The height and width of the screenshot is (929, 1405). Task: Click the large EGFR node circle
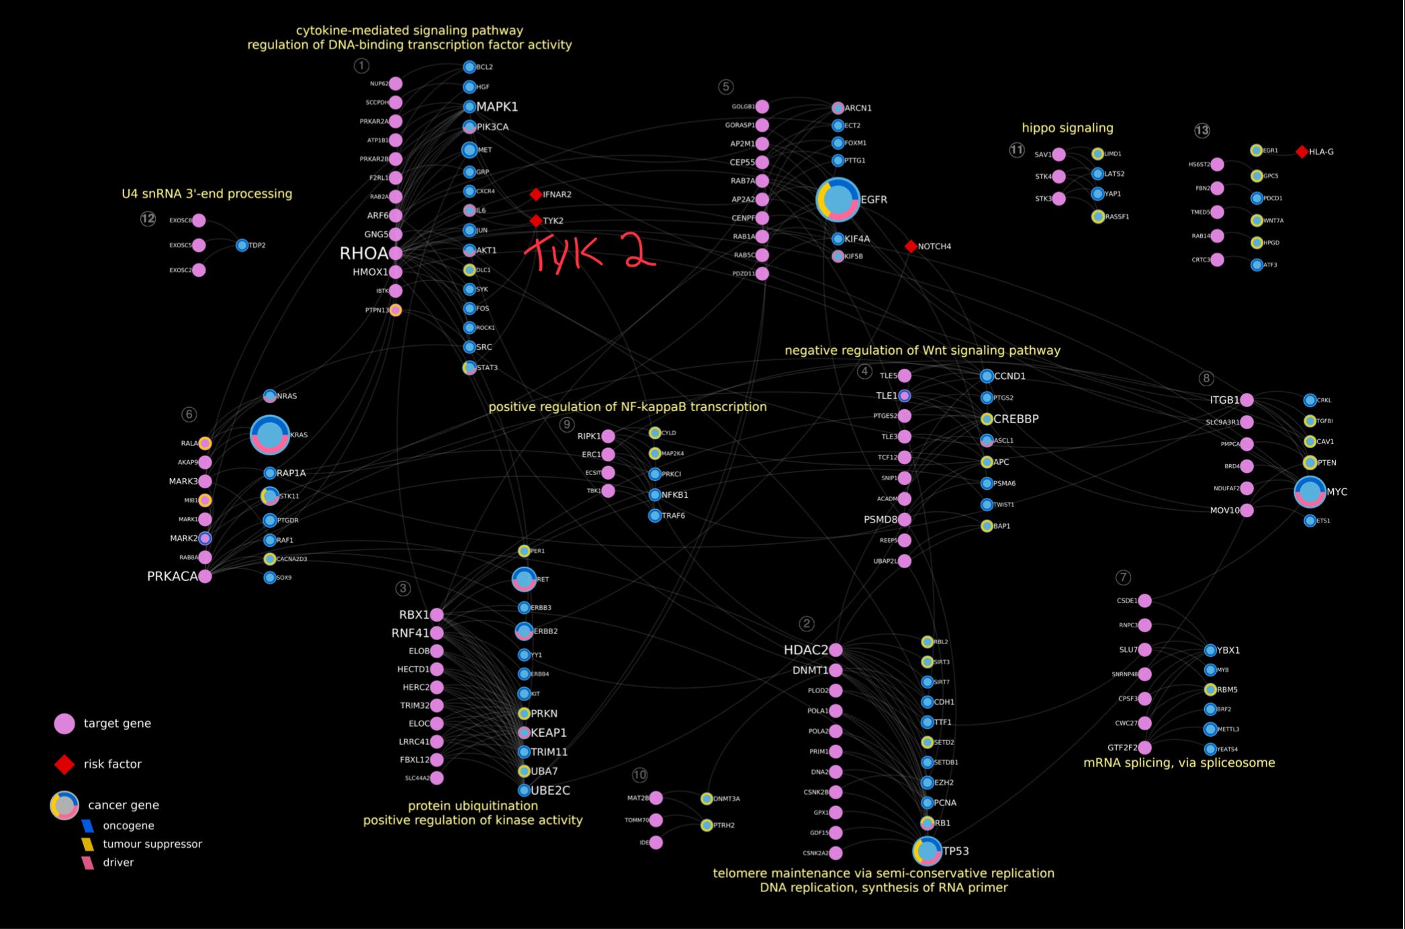837,200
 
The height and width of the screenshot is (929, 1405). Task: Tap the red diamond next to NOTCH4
911,247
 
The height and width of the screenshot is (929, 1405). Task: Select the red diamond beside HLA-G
1302,152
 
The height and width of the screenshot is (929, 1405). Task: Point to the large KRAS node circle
270,435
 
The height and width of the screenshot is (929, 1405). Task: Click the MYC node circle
1310,492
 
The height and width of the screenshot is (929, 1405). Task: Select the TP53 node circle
927,851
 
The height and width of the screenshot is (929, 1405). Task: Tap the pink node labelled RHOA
396,253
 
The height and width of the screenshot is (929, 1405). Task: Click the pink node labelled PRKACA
205,576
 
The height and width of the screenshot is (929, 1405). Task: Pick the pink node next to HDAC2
835,650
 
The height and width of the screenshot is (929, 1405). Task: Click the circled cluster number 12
148,219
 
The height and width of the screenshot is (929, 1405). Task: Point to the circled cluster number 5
725,87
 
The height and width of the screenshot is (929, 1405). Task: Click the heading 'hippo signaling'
1067,128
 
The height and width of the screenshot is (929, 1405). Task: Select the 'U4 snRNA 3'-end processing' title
207,193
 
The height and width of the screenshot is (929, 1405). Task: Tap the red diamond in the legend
64,764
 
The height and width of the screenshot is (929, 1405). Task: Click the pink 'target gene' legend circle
64,723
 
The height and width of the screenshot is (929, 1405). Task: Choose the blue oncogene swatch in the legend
87,826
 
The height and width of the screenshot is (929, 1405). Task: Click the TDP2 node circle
242,245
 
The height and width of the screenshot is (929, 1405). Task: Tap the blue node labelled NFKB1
655,495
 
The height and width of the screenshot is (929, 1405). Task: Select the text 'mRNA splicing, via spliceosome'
1179,762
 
